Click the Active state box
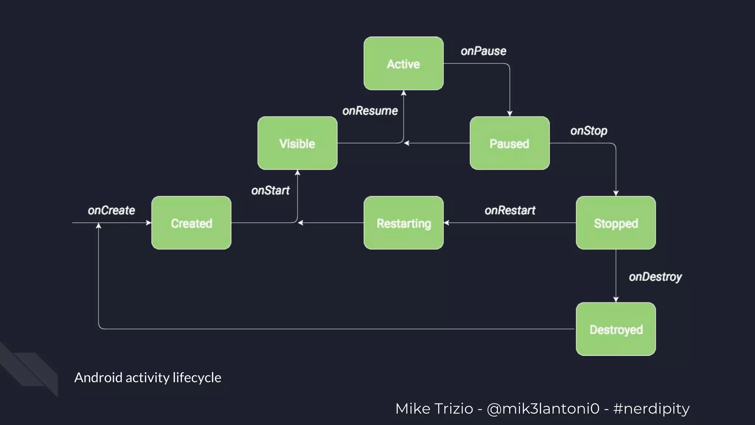(403, 63)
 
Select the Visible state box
(297, 143)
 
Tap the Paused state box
(509, 143)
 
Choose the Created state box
(191, 223)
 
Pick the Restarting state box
(403, 223)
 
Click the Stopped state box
(616, 223)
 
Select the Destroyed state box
(616, 329)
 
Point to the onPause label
(483, 51)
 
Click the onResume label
(370, 111)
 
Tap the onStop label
(588, 131)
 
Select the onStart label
(270, 190)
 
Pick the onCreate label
(111, 210)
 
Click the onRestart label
(510, 210)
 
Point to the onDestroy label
(655, 277)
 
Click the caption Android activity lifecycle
(147, 377)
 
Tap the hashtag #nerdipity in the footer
(651, 409)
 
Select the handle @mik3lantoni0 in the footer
(543, 409)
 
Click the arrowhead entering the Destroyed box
(616, 300)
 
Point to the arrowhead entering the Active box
(404, 93)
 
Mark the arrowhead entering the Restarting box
(446, 223)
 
